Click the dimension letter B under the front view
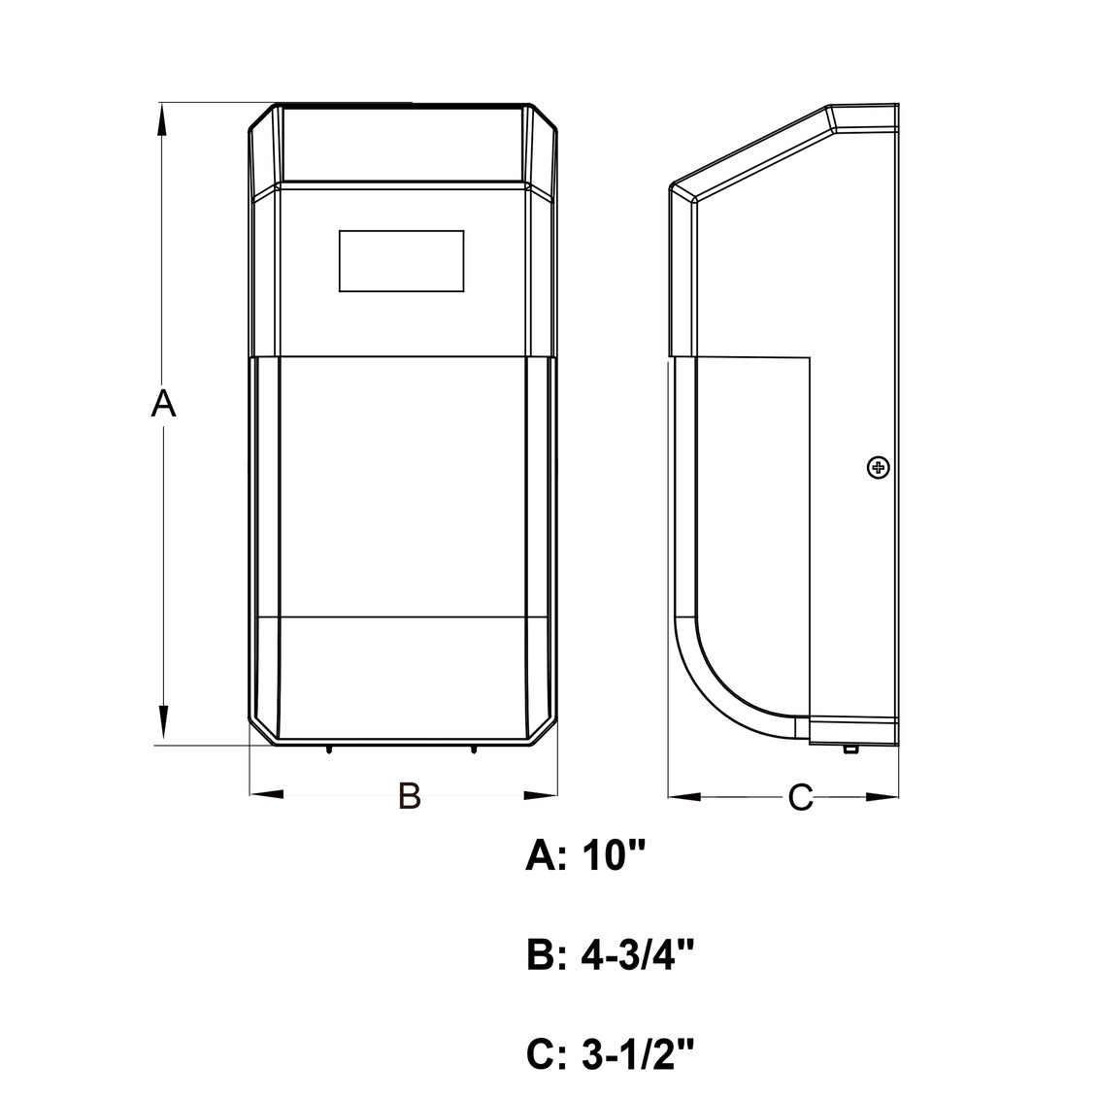click(x=410, y=795)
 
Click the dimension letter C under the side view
click(x=800, y=797)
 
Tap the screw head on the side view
click(x=879, y=468)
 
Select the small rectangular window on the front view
click(x=402, y=261)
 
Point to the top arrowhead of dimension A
click(x=162, y=119)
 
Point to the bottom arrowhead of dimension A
click(x=162, y=723)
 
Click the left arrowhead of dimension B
click(x=266, y=794)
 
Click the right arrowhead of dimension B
click(x=541, y=795)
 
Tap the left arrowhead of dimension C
click(x=684, y=797)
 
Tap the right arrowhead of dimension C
click(x=883, y=797)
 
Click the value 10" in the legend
click(x=612, y=855)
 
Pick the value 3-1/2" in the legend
click(x=638, y=1054)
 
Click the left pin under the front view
click(x=329, y=749)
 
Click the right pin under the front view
click(x=474, y=749)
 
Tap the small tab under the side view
click(x=850, y=749)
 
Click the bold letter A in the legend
click(x=541, y=855)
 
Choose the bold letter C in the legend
click(x=541, y=1055)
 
